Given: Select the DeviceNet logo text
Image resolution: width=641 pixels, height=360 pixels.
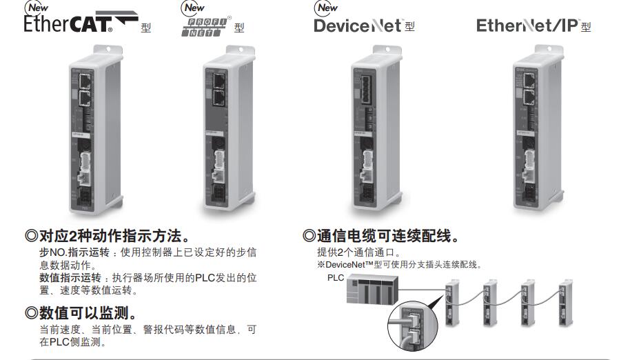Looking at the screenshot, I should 358,26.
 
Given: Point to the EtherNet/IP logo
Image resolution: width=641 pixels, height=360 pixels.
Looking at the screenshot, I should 527,26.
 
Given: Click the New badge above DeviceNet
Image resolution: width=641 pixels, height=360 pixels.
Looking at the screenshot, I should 326,8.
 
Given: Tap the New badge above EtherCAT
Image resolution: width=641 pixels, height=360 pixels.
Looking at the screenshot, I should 35,8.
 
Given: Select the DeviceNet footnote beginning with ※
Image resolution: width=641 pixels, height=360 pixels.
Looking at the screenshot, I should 399,264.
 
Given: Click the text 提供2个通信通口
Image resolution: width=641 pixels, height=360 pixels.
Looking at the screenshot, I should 358,252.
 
